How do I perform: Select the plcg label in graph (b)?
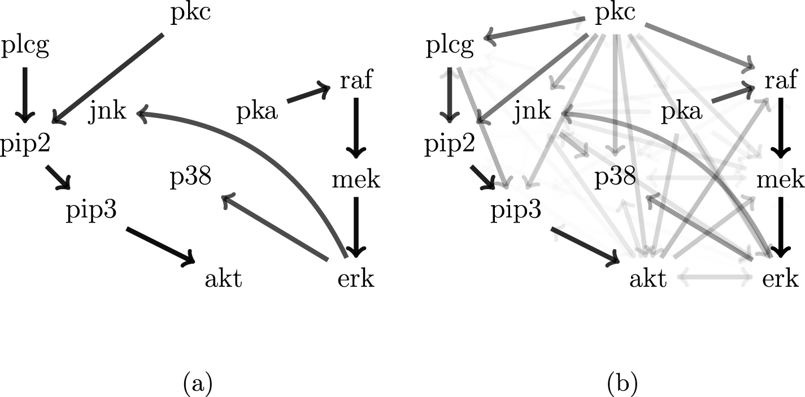point(450,47)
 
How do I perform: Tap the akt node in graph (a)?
point(224,279)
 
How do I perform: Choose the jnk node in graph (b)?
point(532,112)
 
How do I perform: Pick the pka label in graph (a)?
point(257,112)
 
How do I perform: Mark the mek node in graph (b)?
point(780,180)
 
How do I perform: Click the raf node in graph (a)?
point(356,81)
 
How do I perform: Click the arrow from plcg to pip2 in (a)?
point(24,93)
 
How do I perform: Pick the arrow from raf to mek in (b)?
point(780,127)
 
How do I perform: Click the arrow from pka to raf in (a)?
point(308,94)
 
